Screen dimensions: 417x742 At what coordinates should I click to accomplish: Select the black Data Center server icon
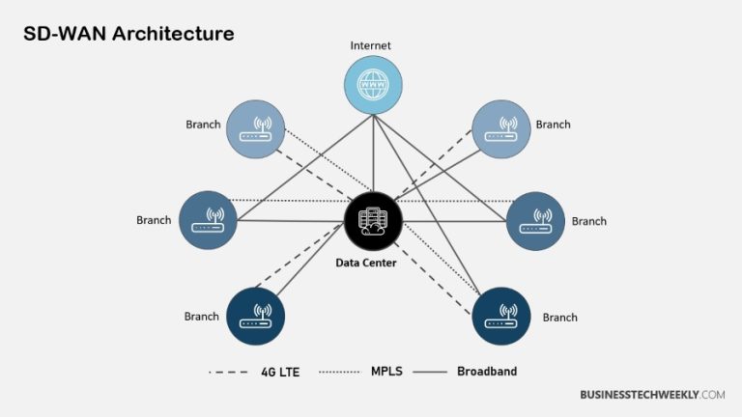(373, 220)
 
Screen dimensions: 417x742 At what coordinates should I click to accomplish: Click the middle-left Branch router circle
(208, 220)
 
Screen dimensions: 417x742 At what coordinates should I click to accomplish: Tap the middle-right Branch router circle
(535, 220)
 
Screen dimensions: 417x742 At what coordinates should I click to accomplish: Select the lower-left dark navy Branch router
(256, 316)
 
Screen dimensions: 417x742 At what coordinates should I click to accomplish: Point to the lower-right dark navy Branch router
(501, 316)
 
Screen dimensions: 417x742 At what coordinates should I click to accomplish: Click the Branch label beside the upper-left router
(203, 125)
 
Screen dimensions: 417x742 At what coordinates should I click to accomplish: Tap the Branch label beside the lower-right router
(559, 318)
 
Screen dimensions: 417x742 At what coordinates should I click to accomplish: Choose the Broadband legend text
(487, 371)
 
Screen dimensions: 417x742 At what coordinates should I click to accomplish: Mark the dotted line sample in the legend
(341, 372)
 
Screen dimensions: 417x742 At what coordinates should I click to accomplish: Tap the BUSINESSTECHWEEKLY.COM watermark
(652, 395)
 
